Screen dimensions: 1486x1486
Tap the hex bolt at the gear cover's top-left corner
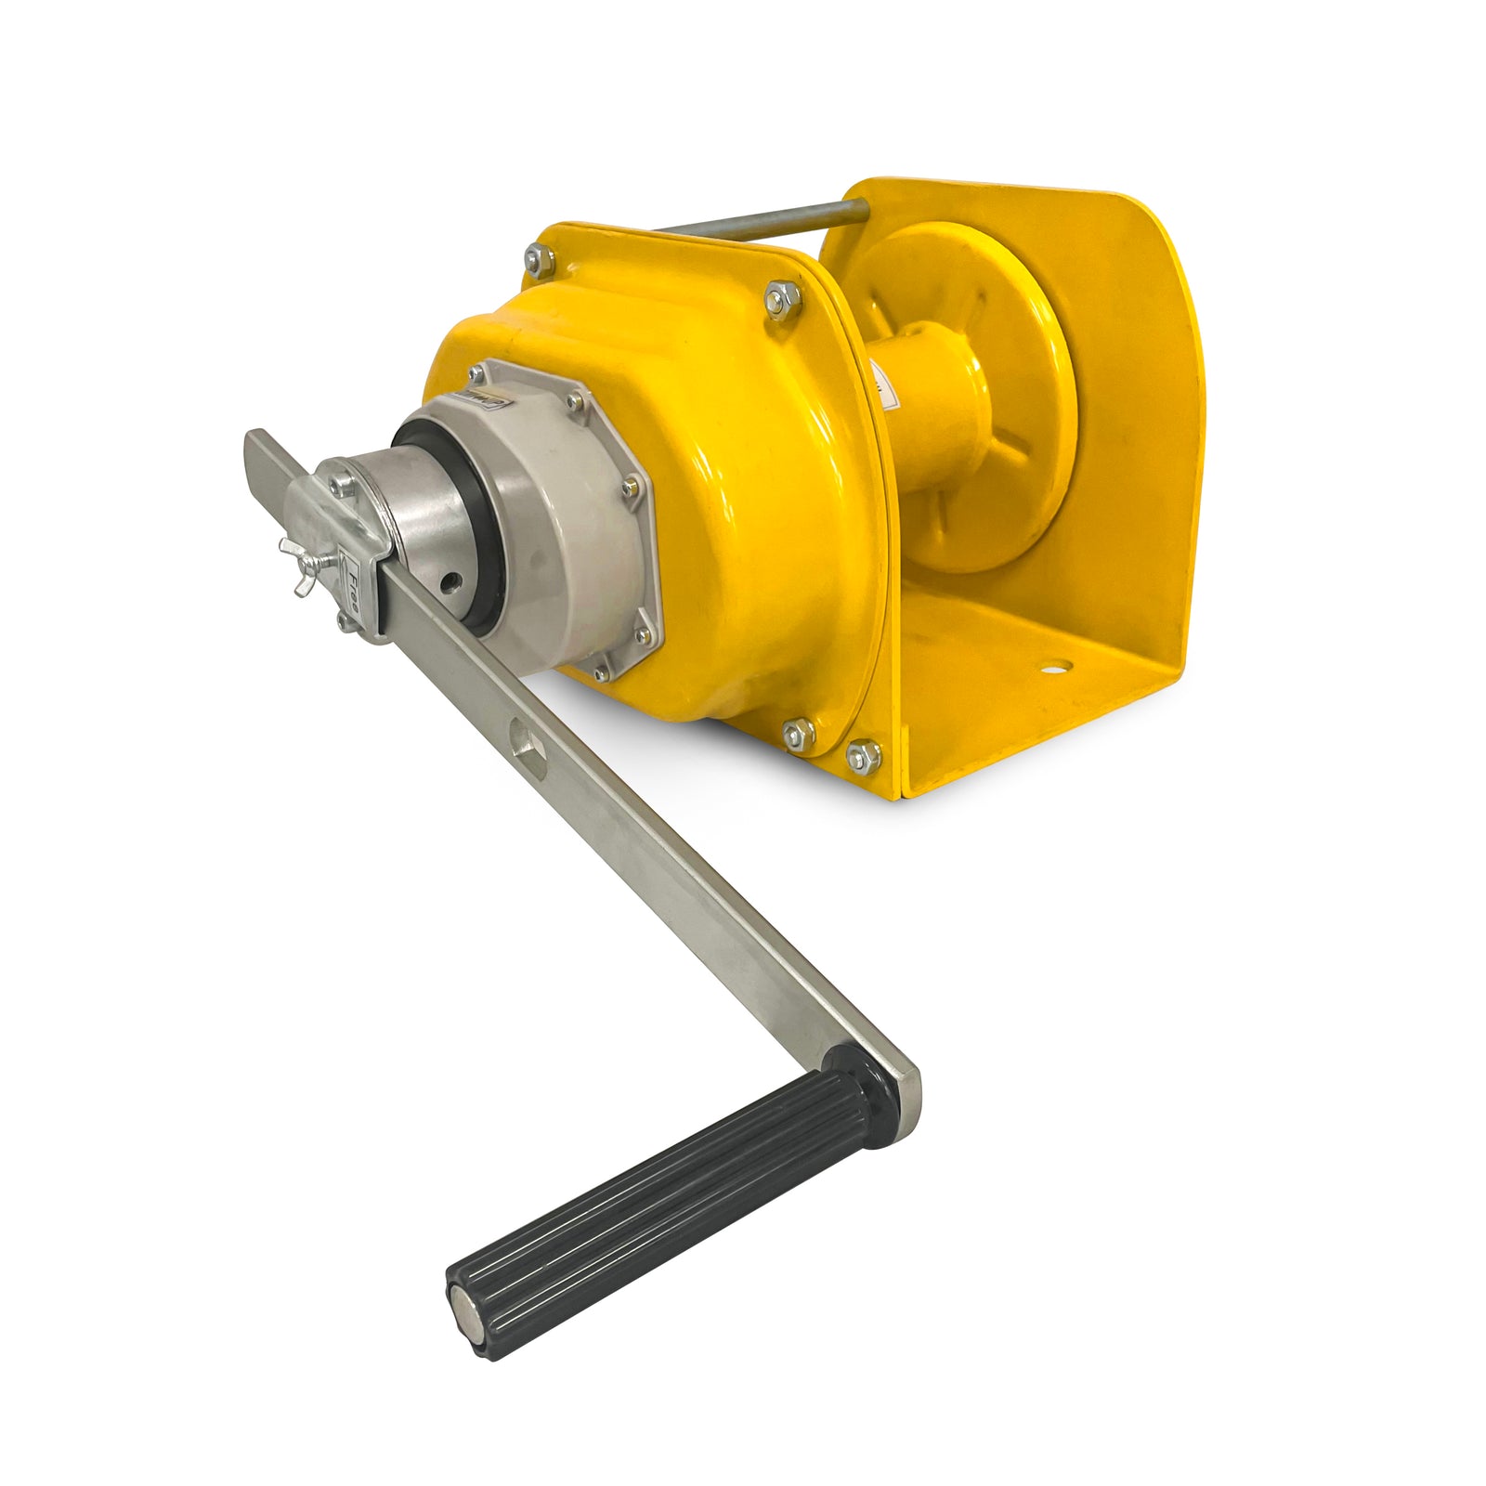coord(539,259)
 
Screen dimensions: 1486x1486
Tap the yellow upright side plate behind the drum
coord(1142,418)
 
